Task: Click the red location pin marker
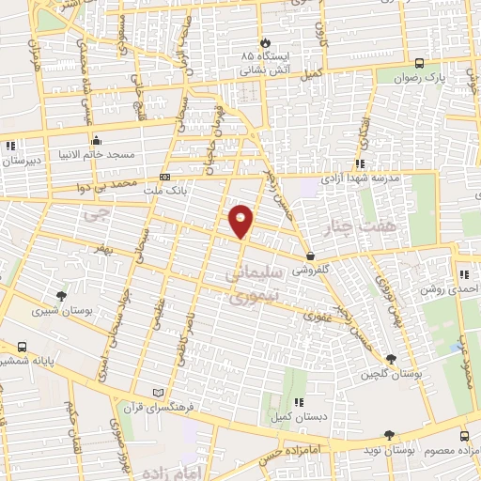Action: pyautogui.click(x=242, y=220)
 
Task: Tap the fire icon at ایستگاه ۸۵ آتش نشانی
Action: pyautogui.click(x=266, y=42)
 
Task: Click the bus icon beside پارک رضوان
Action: pyautogui.click(x=419, y=64)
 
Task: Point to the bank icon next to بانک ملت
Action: pyautogui.click(x=165, y=177)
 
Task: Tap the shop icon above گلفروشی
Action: pyautogui.click(x=310, y=256)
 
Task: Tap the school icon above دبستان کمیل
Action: pyautogui.click(x=298, y=402)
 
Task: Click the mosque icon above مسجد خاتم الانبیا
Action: pyautogui.click(x=96, y=140)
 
